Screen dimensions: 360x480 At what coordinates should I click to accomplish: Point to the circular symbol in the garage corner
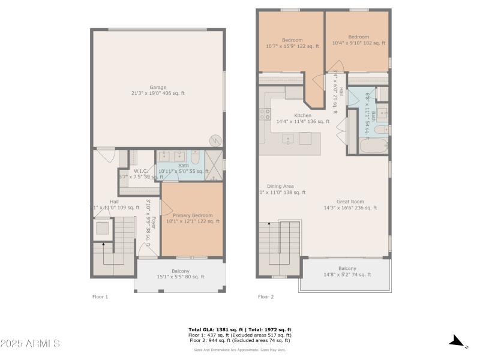[215, 140]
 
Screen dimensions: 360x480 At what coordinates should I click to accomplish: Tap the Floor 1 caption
[100, 296]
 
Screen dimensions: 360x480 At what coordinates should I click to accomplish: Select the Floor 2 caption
[266, 296]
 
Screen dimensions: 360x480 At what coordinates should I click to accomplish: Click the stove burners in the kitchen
[265, 114]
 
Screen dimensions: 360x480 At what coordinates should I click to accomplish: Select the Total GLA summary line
[240, 329]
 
